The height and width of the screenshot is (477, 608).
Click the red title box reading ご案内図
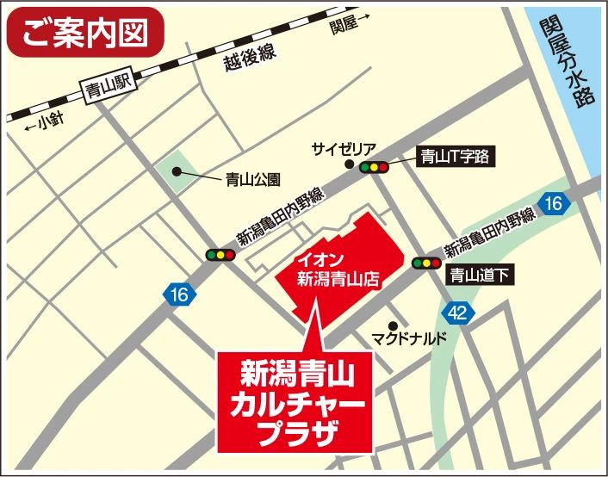[x=84, y=33]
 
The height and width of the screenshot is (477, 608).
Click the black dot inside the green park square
[x=177, y=171]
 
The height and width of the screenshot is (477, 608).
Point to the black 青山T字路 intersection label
[x=454, y=156]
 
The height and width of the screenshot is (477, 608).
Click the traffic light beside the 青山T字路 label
[x=374, y=168]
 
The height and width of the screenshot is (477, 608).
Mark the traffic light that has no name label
[x=220, y=255]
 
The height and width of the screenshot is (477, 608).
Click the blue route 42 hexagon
[x=457, y=312]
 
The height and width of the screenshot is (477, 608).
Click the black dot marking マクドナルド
[x=393, y=325]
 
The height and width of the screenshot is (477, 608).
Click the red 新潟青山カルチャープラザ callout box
[x=295, y=400]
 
